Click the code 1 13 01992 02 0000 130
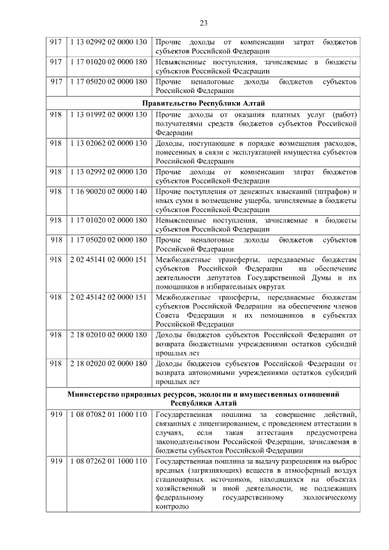108,115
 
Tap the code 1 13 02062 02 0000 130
108,143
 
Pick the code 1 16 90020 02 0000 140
108,191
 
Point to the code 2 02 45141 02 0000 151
108,260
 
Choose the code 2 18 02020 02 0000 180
108,363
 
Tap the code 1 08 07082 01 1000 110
108,414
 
